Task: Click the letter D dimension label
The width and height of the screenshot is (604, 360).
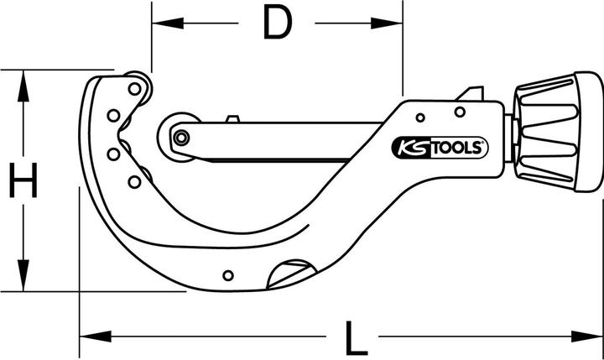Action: (x=276, y=23)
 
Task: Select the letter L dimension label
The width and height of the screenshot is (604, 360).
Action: (x=356, y=339)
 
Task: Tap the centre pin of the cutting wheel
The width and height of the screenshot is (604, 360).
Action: (x=178, y=138)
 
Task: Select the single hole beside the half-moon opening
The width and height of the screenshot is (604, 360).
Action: (x=228, y=273)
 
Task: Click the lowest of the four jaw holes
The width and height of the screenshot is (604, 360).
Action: (x=134, y=180)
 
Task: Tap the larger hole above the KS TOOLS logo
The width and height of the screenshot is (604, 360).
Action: (x=460, y=112)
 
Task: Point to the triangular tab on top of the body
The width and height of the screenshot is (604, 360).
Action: (x=471, y=93)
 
